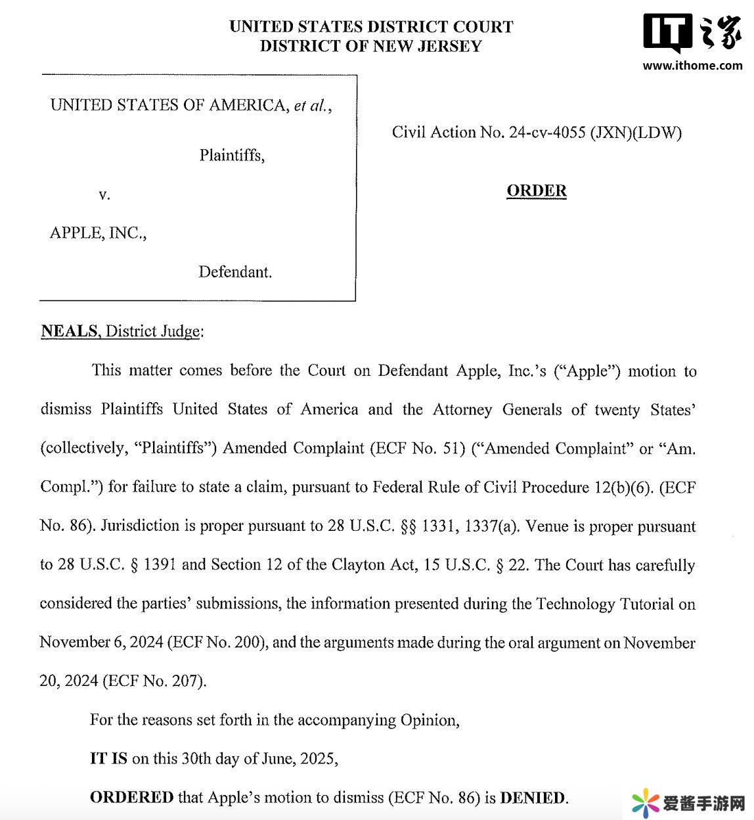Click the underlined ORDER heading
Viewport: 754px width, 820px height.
537,191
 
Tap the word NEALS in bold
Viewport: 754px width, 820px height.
69,331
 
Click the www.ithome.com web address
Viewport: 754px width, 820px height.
692,65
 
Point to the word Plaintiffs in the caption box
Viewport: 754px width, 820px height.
232,156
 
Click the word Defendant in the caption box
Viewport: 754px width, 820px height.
235,272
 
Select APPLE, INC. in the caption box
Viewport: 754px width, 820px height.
98,233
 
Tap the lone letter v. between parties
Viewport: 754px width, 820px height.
104,194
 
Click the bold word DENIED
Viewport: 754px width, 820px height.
533,798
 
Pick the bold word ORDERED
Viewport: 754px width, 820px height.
131,798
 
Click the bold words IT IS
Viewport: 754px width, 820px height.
108,759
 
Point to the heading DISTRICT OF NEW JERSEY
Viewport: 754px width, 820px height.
371,46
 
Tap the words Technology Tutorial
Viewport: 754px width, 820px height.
604,604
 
